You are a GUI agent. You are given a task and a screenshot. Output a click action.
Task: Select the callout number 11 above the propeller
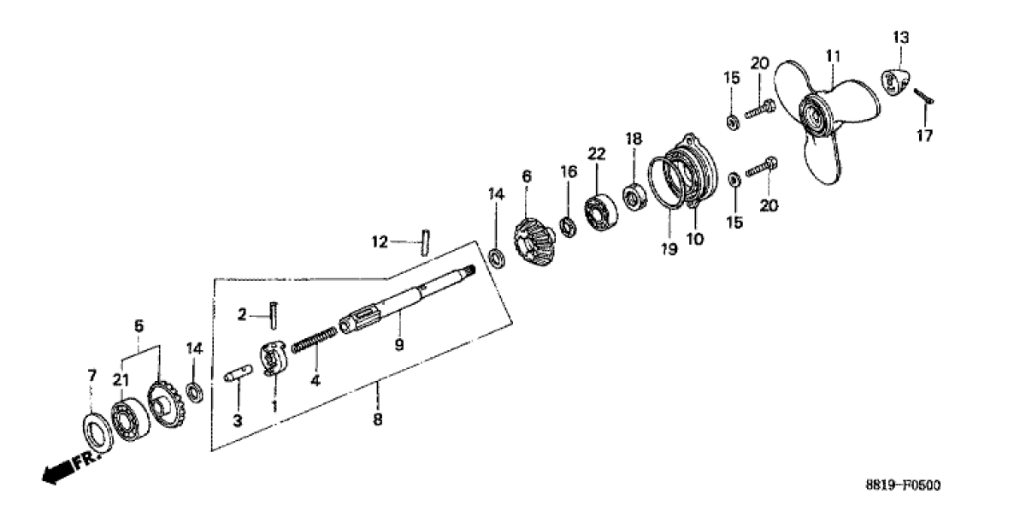pyautogui.click(x=833, y=56)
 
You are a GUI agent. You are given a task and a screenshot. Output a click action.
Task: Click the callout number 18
pyautogui.click(x=632, y=139)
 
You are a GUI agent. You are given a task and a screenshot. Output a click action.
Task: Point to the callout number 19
pyautogui.click(x=669, y=249)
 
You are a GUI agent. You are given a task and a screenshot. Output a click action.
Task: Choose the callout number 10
pyautogui.click(x=693, y=241)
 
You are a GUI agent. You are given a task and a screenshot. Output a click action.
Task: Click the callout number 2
pyautogui.click(x=242, y=316)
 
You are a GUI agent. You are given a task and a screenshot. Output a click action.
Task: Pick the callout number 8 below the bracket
pyautogui.click(x=377, y=420)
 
